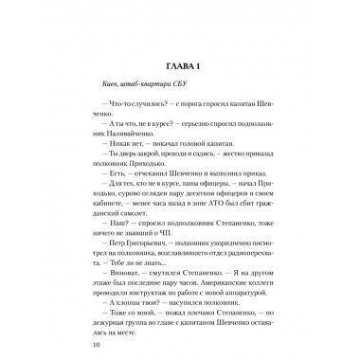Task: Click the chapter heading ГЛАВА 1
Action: [179, 66]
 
